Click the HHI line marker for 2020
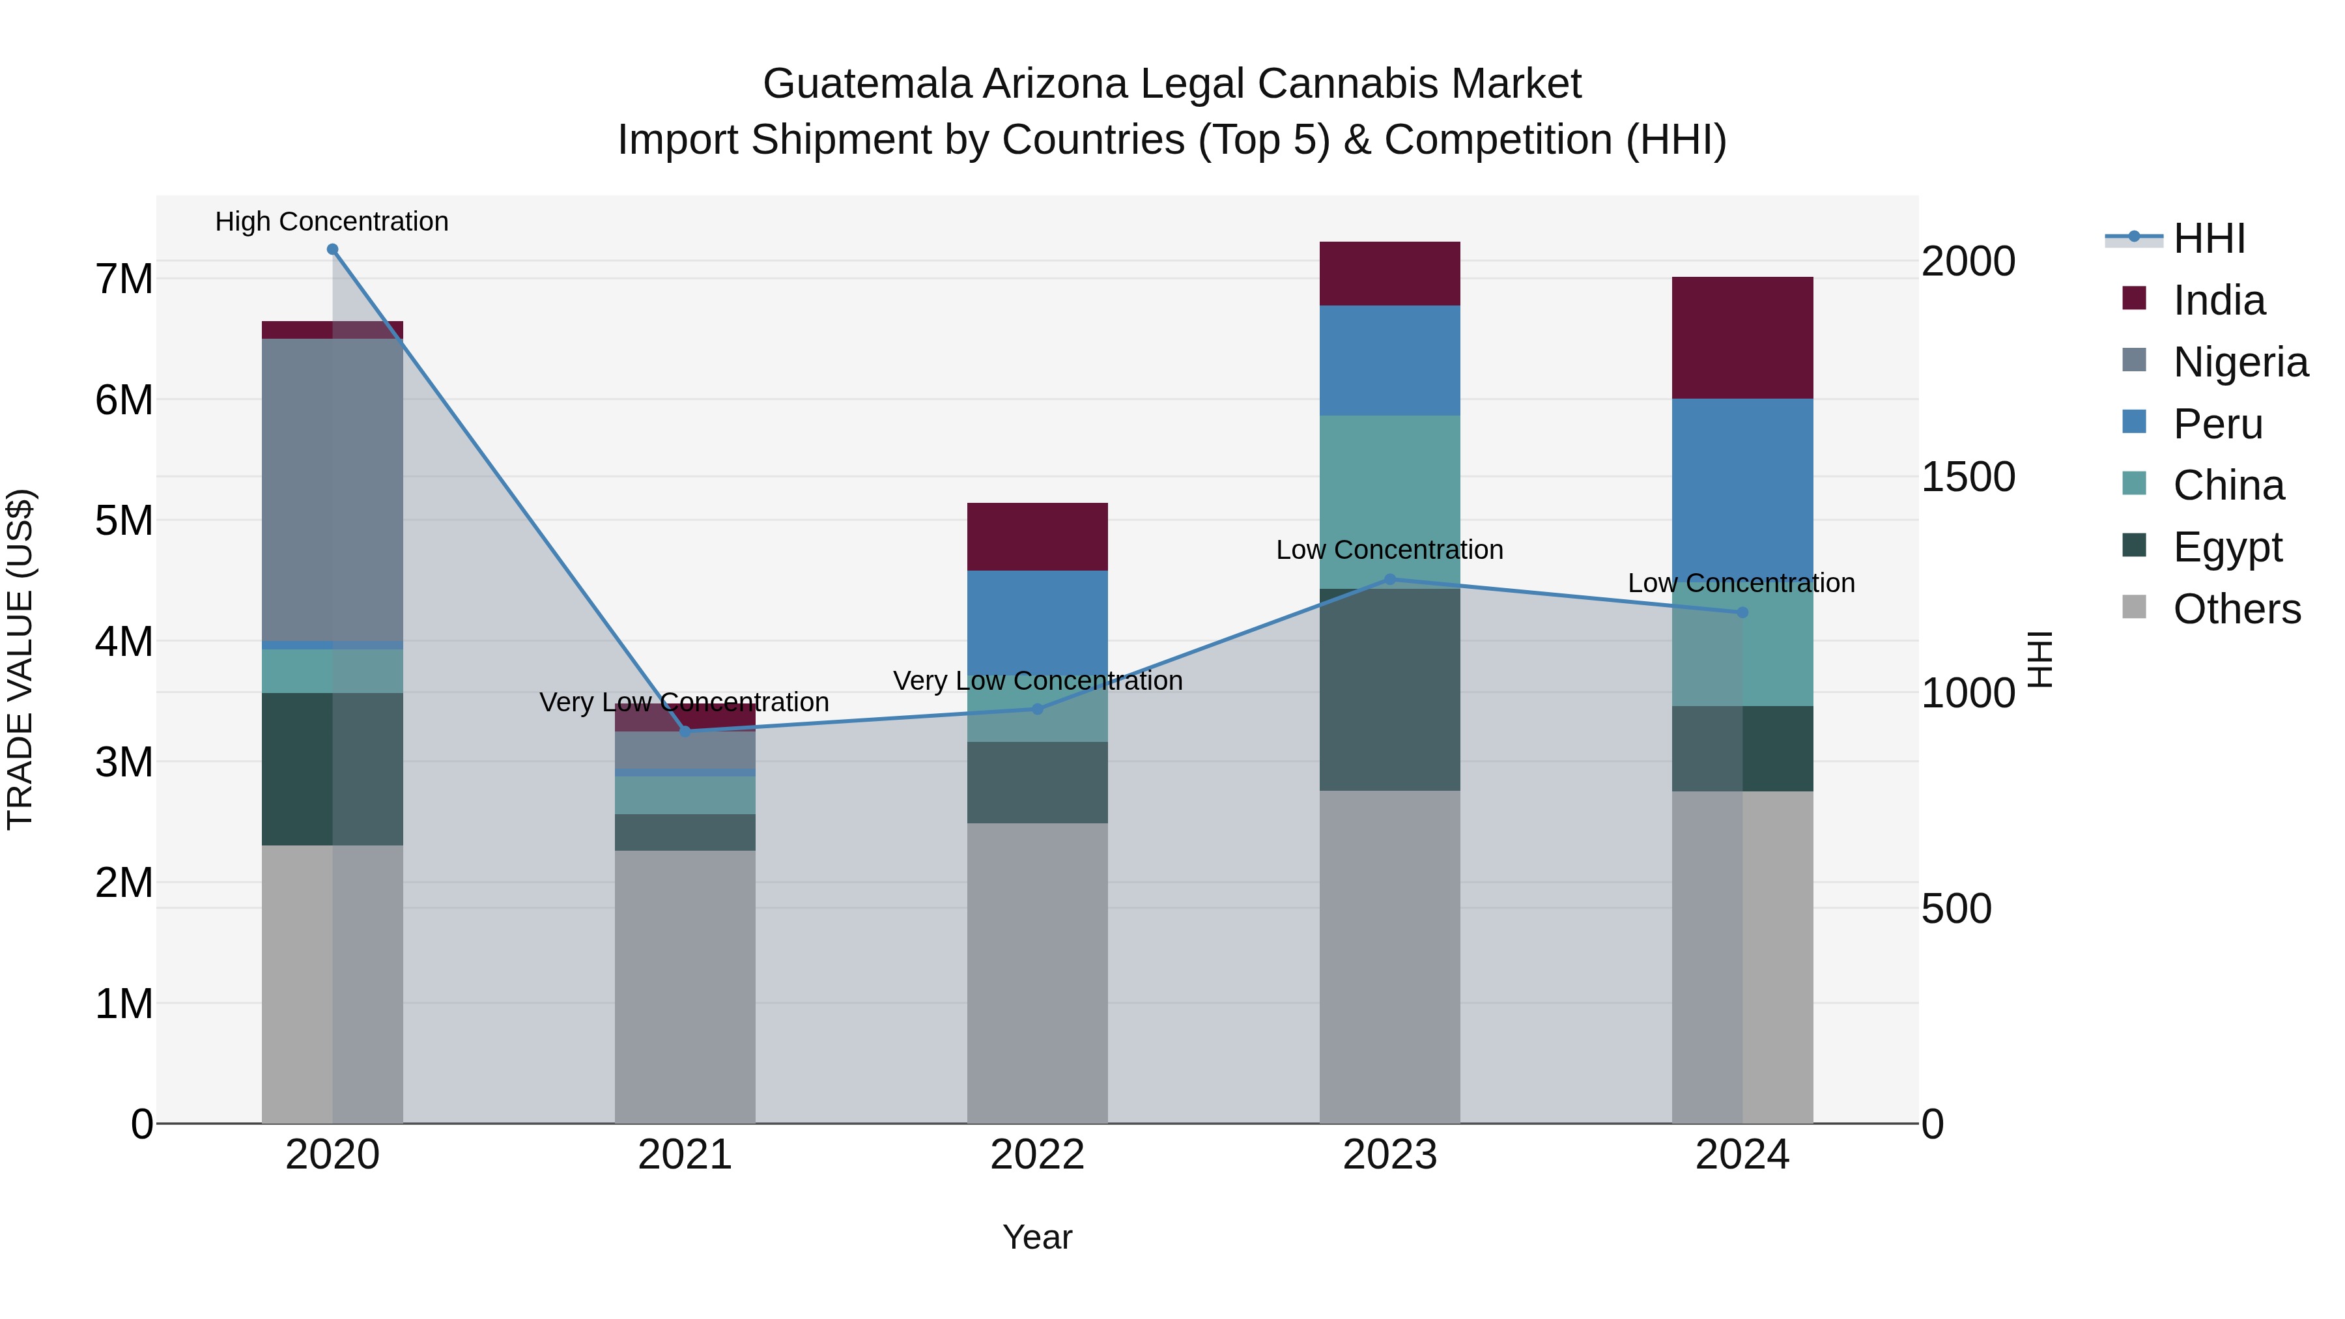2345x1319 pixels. tap(332, 249)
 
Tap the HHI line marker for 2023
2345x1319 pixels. tap(1389, 579)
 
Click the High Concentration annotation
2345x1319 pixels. tap(332, 221)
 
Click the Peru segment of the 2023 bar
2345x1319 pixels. tap(1389, 360)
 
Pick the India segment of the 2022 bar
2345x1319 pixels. tap(1037, 536)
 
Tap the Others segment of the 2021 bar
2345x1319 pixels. tap(685, 987)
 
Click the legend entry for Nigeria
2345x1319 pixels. tap(2239, 362)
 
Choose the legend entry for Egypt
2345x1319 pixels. tap(2226, 547)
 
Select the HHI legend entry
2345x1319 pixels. tap(2208, 238)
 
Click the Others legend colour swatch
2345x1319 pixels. tap(2134, 607)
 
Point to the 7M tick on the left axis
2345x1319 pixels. tap(124, 279)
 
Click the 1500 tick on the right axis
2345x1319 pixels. tap(1968, 477)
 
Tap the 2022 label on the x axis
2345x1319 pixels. tap(1037, 1155)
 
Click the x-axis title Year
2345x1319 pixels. tap(1037, 1237)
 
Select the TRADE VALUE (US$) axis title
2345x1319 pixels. tap(20, 659)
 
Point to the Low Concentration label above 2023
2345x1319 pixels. tap(1389, 550)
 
